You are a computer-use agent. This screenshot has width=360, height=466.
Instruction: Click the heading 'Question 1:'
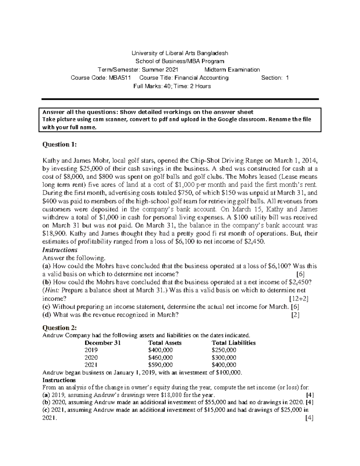[60, 145]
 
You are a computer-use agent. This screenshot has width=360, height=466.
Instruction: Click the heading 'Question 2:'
[60, 327]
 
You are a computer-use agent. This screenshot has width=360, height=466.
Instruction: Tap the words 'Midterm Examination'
[232, 70]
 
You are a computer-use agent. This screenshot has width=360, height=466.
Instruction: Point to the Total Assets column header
[165, 343]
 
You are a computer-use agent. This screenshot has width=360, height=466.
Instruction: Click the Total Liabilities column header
[233, 343]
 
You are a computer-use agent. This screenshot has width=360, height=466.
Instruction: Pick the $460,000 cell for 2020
[160, 358]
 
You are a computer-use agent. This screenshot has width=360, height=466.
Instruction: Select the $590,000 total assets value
[160, 365]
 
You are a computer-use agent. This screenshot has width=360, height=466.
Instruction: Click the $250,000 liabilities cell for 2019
[224, 350]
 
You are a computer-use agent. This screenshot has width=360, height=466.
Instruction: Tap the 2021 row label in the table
[91, 365]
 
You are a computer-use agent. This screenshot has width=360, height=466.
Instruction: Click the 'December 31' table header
[103, 343]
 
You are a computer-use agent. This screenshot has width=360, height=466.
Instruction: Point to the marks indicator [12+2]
[298, 299]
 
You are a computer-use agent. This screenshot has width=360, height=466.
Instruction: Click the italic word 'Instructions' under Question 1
[60, 250]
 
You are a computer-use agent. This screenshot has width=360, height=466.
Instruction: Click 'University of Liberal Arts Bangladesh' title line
[180, 53]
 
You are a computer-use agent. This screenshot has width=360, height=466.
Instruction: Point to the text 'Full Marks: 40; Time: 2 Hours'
[172, 86]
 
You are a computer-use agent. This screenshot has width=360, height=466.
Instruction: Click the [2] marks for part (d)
[295, 315]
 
